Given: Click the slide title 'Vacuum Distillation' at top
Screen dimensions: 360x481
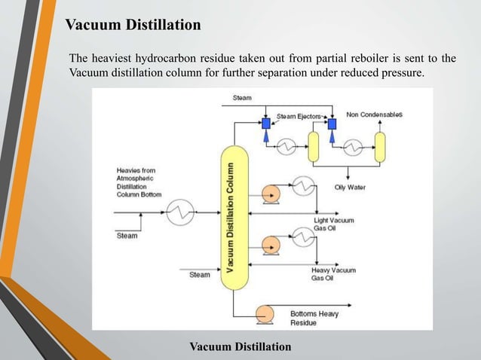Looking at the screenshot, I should click(133, 26).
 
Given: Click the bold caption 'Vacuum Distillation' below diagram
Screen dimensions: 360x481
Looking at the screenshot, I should click(240, 346).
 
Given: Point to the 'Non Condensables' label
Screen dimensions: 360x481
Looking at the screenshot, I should click(374, 114).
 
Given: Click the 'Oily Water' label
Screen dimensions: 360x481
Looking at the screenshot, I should click(350, 187).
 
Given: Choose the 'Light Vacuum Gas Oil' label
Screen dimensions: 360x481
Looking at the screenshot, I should click(333, 224).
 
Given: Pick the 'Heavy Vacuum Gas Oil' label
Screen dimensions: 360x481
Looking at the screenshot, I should click(333, 273).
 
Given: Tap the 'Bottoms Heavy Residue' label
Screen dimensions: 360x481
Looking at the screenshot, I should click(314, 317).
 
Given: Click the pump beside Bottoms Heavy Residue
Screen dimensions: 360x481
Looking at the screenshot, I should click(265, 312).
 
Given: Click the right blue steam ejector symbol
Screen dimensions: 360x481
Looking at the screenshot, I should click(331, 123).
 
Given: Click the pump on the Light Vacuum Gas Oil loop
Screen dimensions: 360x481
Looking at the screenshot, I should click(269, 192).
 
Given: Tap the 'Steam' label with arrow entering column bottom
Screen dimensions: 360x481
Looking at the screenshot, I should click(200, 275).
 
